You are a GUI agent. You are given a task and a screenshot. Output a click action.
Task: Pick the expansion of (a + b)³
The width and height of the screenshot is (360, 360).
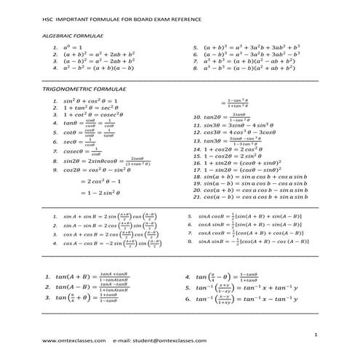tap(251, 47)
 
